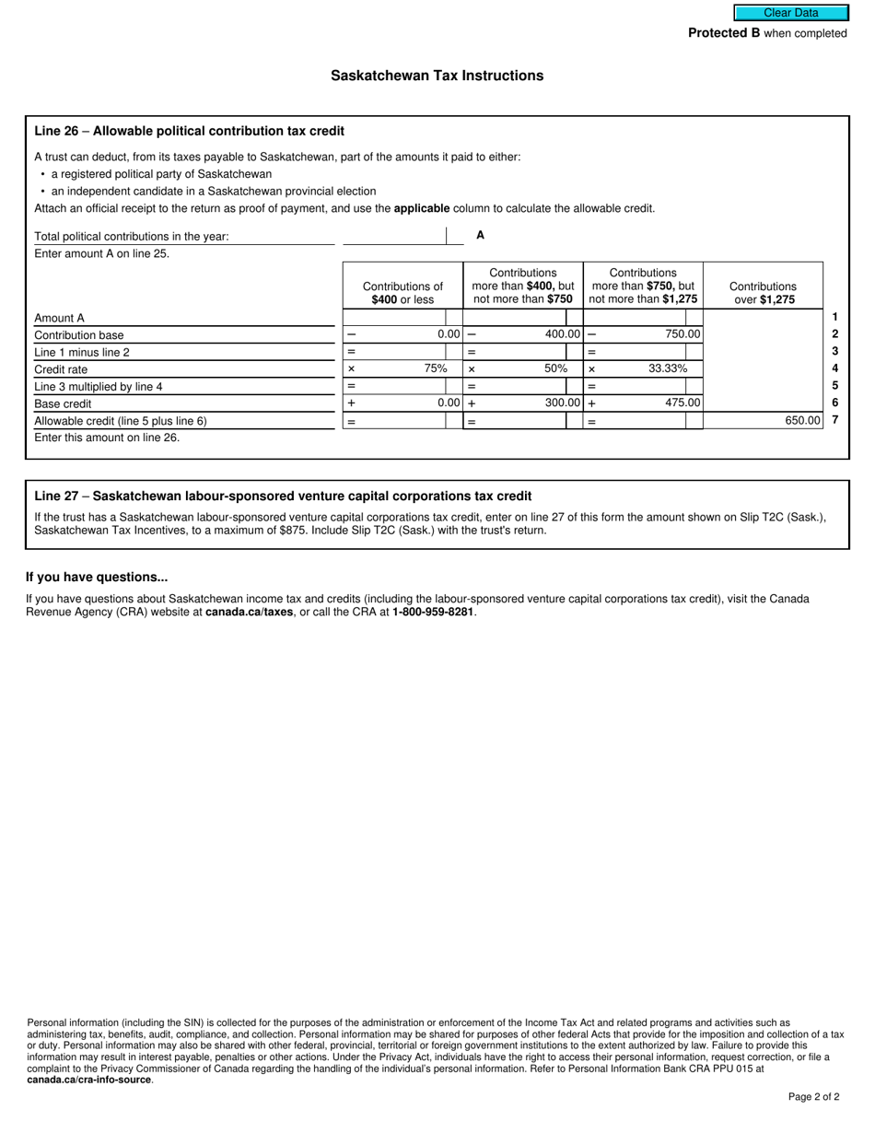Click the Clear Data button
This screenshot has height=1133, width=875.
pos(790,13)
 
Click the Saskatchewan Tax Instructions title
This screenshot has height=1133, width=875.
pos(437,76)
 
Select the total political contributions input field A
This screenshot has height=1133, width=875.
pos(394,236)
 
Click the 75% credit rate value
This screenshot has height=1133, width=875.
pos(436,368)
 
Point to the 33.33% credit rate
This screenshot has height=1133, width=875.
pos(668,368)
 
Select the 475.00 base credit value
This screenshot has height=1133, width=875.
pos(682,403)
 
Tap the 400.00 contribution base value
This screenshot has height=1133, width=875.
pos(562,334)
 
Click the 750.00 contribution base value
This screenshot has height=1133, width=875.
pos(682,334)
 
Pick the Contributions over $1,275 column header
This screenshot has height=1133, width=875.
pos(763,293)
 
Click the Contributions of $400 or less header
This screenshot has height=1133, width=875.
pos(402,293)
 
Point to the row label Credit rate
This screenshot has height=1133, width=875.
pos(61,369)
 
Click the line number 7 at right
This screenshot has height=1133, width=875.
pos(834,420)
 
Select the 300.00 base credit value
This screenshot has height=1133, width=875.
pos(562,403)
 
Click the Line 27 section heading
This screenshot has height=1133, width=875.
pos(283,496)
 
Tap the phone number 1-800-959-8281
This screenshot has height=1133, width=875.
pos(433,612)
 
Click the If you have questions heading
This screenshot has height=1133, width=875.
pos(97,577)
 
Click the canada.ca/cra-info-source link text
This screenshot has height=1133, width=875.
pos(89,1080)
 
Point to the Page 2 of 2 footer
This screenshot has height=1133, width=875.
pos(813,1096)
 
